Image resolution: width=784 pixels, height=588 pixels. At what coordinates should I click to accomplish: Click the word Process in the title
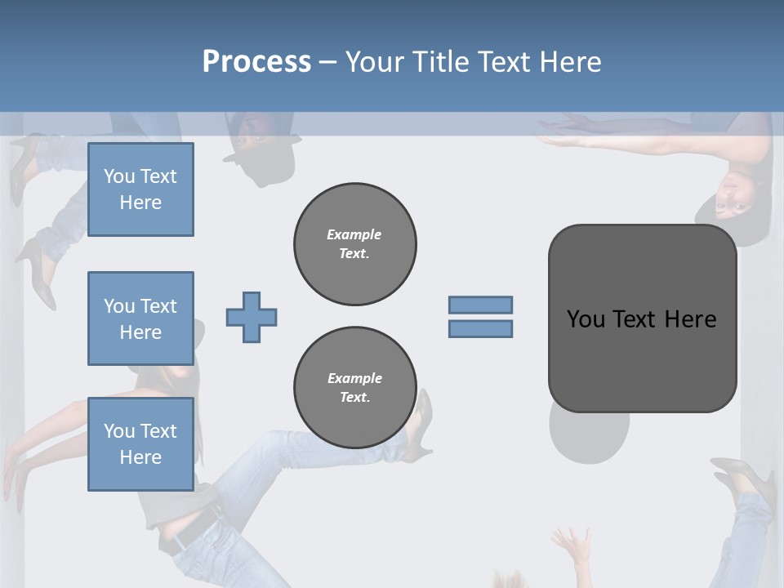click(x=256, y=62)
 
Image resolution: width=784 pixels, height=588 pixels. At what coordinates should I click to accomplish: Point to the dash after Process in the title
click(x=327, y=63)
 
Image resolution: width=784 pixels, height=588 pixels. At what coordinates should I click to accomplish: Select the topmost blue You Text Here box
click(x=140, y=189)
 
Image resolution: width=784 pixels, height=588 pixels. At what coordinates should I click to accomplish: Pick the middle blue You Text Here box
click(x=140, y=318)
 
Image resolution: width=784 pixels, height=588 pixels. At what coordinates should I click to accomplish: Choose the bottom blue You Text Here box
click(x=140, y=443)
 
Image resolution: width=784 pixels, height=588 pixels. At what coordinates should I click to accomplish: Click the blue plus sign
click(x=252, y=318)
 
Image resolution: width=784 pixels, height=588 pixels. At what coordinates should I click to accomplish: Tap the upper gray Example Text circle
click(x=354, y=244)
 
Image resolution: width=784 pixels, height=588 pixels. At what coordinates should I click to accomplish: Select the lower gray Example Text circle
click(x=354, y=388)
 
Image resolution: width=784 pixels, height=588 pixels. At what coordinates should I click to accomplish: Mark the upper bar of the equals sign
click(x=480, y=305)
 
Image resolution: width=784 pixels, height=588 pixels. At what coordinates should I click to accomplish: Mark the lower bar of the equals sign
click(x=480, y=329)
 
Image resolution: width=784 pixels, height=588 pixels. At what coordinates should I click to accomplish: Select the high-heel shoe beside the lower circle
click(x=421, y=421)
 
